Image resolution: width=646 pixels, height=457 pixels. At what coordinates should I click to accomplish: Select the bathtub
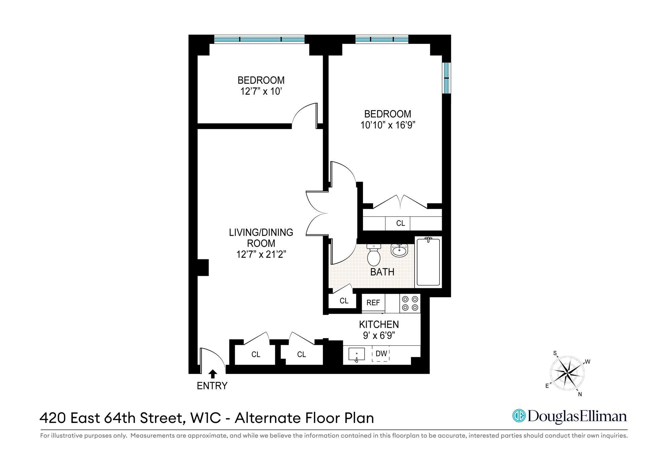428,262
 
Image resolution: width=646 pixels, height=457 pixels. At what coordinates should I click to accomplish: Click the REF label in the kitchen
373,302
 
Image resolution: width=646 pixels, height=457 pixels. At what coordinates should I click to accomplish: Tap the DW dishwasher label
381,354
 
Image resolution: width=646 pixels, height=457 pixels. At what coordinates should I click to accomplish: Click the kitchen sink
357,354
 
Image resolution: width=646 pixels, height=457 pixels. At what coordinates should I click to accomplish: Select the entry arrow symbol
212,374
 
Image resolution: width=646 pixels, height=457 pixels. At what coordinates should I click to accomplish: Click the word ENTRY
212,386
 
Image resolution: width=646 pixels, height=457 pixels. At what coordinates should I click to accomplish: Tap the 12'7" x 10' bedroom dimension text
261,91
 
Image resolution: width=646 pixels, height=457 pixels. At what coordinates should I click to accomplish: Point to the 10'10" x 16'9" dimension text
388,125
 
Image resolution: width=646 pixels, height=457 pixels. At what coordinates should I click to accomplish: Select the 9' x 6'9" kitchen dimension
379,335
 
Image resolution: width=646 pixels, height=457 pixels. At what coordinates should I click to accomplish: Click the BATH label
382,272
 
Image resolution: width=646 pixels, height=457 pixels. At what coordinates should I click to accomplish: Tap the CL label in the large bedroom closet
400,223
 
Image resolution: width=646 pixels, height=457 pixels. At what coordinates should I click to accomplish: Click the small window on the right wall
446,78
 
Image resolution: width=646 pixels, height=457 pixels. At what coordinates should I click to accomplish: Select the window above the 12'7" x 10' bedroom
259,39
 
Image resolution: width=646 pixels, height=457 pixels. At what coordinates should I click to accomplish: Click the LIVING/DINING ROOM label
261,238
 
